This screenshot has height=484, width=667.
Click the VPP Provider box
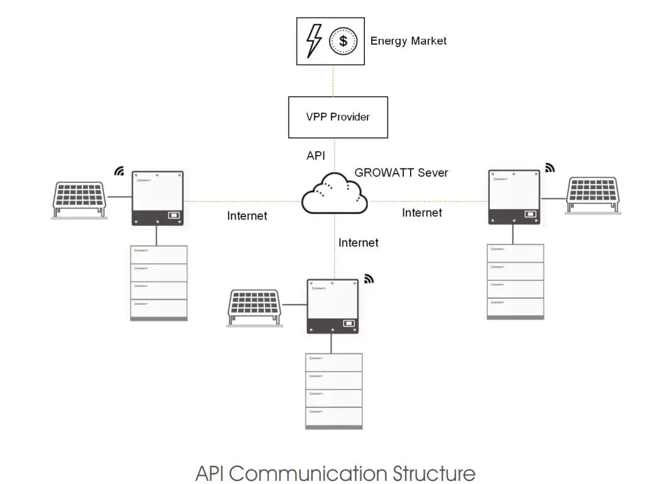pyautogui.click(x=337, y=117)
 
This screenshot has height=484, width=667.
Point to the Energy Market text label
pyautogui.click(x=408, y=41)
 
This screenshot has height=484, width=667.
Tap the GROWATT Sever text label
pyautogui.click(x=401, y=172)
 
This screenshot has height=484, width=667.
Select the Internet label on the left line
pyautogui.click(x=247, y=216)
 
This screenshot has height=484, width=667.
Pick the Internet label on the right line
pyautogui.click(x=422, y=213)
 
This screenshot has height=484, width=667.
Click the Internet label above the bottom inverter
pyautogui.click(x=359, y=242)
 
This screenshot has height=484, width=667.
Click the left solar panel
pyautogui.click(x=79, y=197)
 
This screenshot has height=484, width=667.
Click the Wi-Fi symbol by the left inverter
pyautogui.click(x=119, y=171)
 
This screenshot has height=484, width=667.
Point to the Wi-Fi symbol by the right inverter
pyautogui.click(x=550, y=168)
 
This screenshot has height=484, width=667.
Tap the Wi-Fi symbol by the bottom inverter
pyautogui.click(x=369, y=279)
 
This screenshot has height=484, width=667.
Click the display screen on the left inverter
pyautogui.click(x=173, y=215)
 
